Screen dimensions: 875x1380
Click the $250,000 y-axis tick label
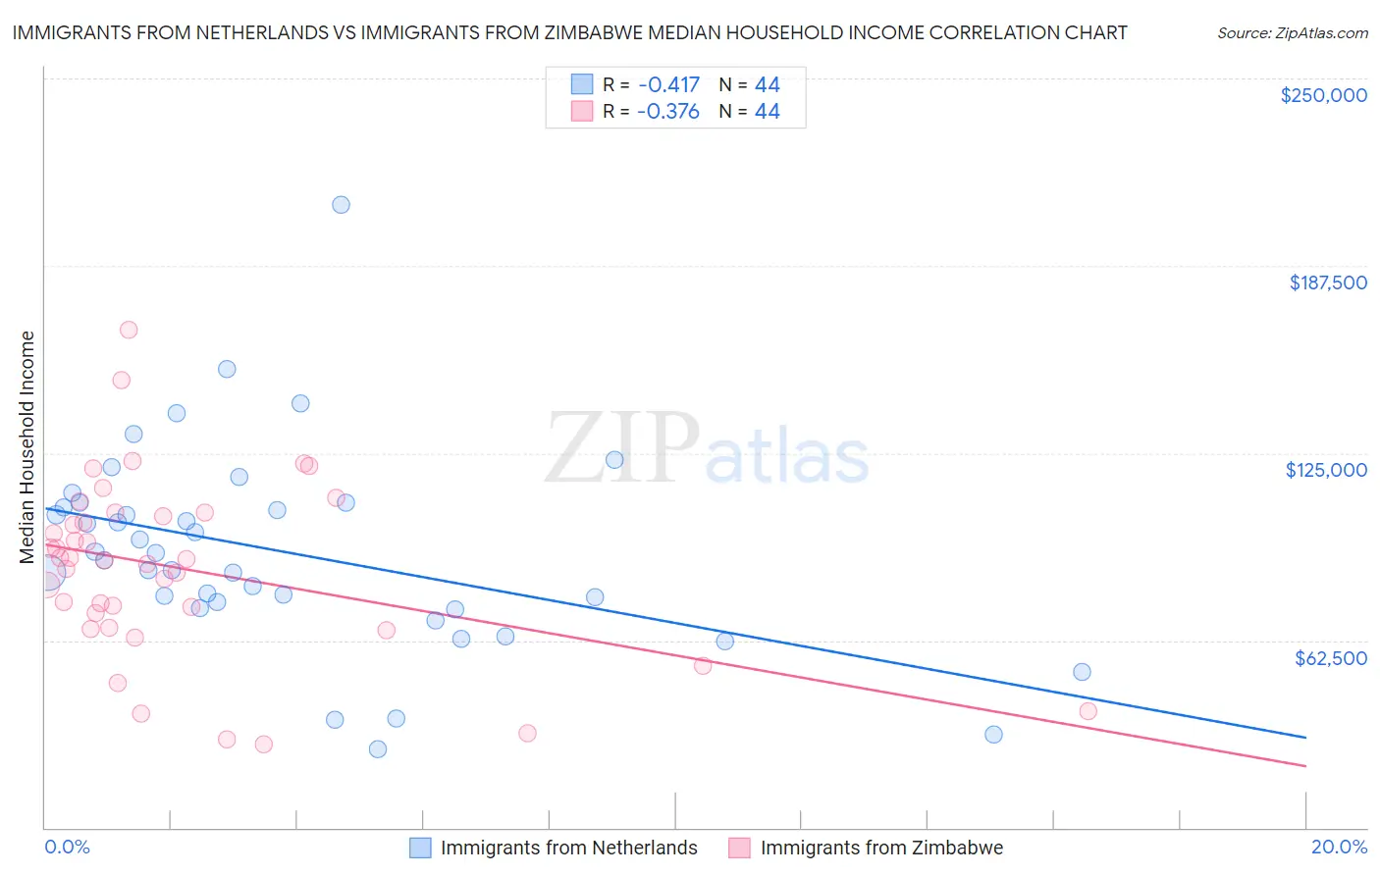click(1323, 95)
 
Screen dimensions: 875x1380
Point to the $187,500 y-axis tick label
click(1327, 283)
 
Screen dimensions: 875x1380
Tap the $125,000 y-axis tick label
click(1326, 470)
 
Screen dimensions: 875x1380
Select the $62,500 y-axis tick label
click(1330, 658)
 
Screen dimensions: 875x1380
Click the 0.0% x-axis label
click(67, 847)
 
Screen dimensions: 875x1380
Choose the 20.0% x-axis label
click(1339, 847)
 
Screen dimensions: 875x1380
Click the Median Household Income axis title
click(27, 447)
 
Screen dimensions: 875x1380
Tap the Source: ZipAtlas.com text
click(1292, 33)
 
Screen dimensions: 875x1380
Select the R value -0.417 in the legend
click(667, 84)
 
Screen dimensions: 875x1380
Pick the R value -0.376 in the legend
click(667, 112)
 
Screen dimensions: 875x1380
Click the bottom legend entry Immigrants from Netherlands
click(568, 848)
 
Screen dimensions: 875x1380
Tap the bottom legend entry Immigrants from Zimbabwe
click(880, 848)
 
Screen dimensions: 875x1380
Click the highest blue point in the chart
click(341, 205)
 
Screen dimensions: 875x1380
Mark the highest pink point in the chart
click(129, 330)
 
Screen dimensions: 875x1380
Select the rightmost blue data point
click(1082, 672)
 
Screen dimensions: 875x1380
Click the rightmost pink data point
click(1088, 711)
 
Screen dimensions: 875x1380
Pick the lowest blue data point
click(378, 749)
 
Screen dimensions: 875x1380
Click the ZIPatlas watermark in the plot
click(707, 449)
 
